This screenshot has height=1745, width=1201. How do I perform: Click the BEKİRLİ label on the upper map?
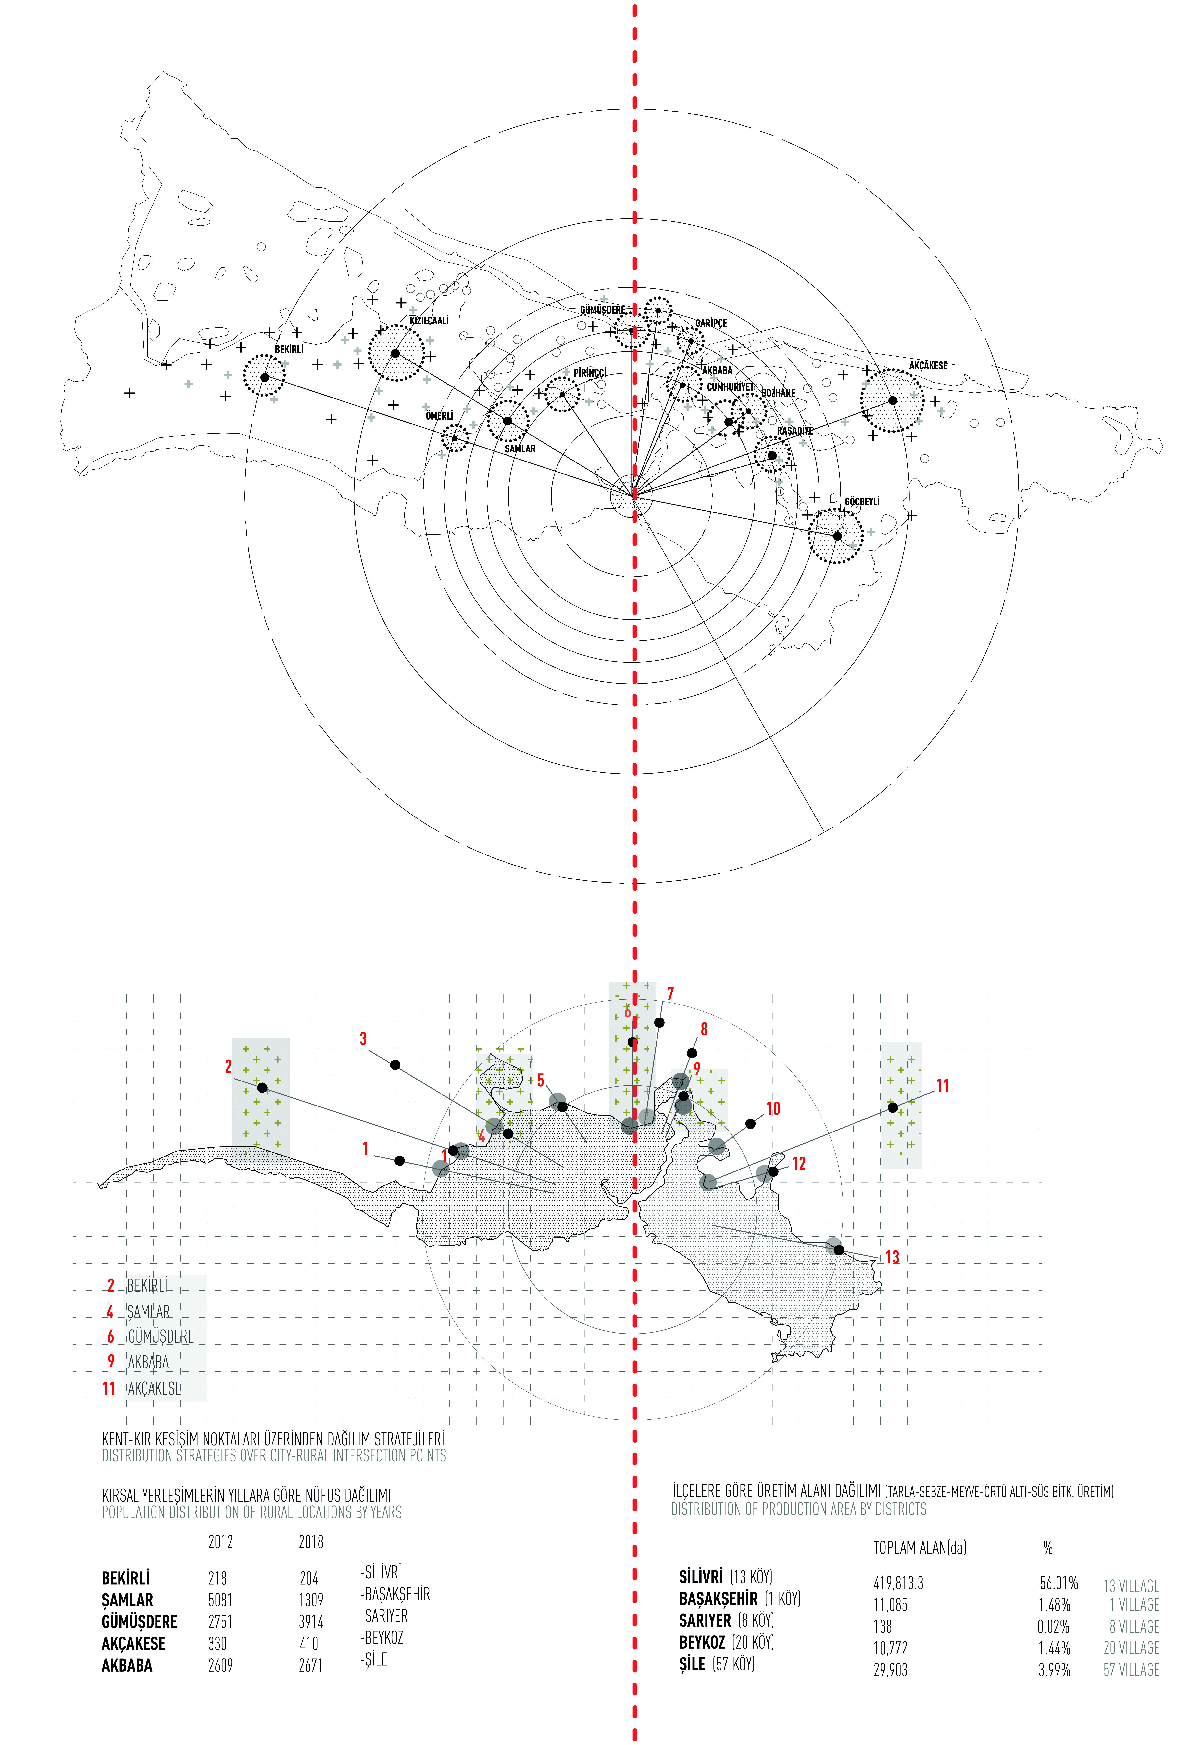click(x=289, y=349)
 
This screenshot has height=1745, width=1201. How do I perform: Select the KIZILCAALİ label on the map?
click(x=429, y=321)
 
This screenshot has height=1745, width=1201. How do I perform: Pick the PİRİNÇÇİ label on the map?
click(x=590, y=373)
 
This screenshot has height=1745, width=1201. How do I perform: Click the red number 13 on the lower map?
click(x=892, y=1257)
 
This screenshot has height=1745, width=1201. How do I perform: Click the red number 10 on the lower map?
click(x=773, y=1108)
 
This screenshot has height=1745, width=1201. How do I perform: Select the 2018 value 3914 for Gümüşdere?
click(x=311, y=1622)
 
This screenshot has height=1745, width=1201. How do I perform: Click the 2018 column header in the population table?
click(x=311, y=1542)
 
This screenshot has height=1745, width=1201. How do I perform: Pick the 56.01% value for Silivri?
click(x=1059, y=1583)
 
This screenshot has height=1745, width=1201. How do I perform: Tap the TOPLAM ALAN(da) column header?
click(x=920, y=1548)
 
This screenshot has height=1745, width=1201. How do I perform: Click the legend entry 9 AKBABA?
click(x=139, y=1361)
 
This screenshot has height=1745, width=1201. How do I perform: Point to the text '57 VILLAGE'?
click(x=1131, y=1670)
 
